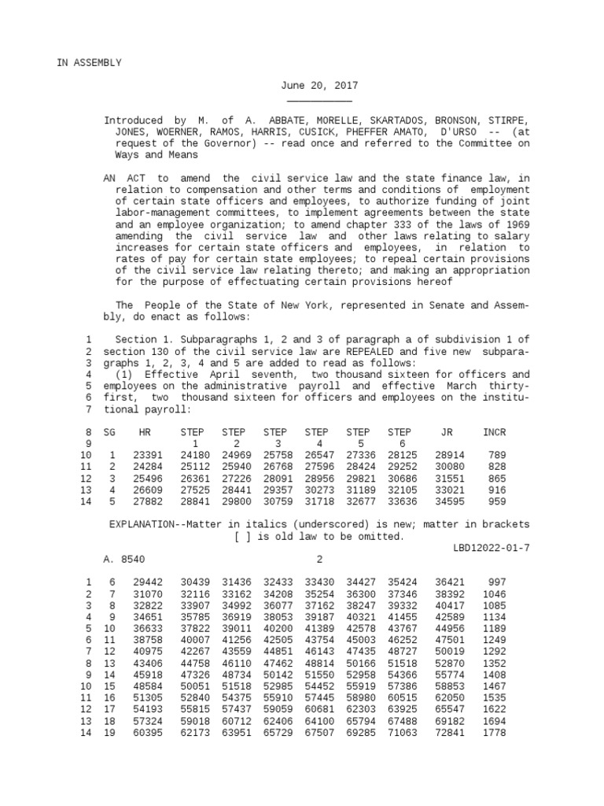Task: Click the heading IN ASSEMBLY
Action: [x=89, y=63]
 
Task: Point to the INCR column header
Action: [x=495, y=433]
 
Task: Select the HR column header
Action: [x=144, y=433]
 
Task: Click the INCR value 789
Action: [x=498, y=456]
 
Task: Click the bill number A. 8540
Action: [x=124, y=560]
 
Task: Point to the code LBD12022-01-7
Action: [x=492, y=548]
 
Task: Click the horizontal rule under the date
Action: [x=319, y=101]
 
